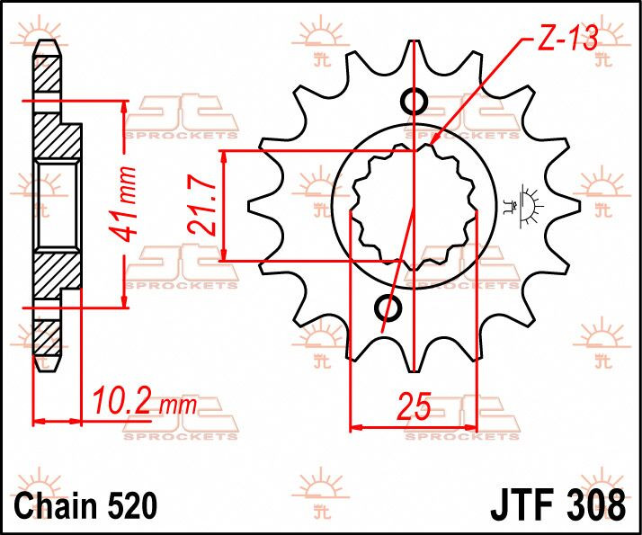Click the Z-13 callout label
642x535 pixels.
point(567,38)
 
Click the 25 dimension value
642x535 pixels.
point(415,406)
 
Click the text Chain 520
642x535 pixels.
point(85,505)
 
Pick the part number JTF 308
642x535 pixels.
point(557,505)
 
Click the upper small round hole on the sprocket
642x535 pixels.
point(415,101)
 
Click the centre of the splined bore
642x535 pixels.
point(414,206)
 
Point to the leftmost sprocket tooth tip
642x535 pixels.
point(249,206)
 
